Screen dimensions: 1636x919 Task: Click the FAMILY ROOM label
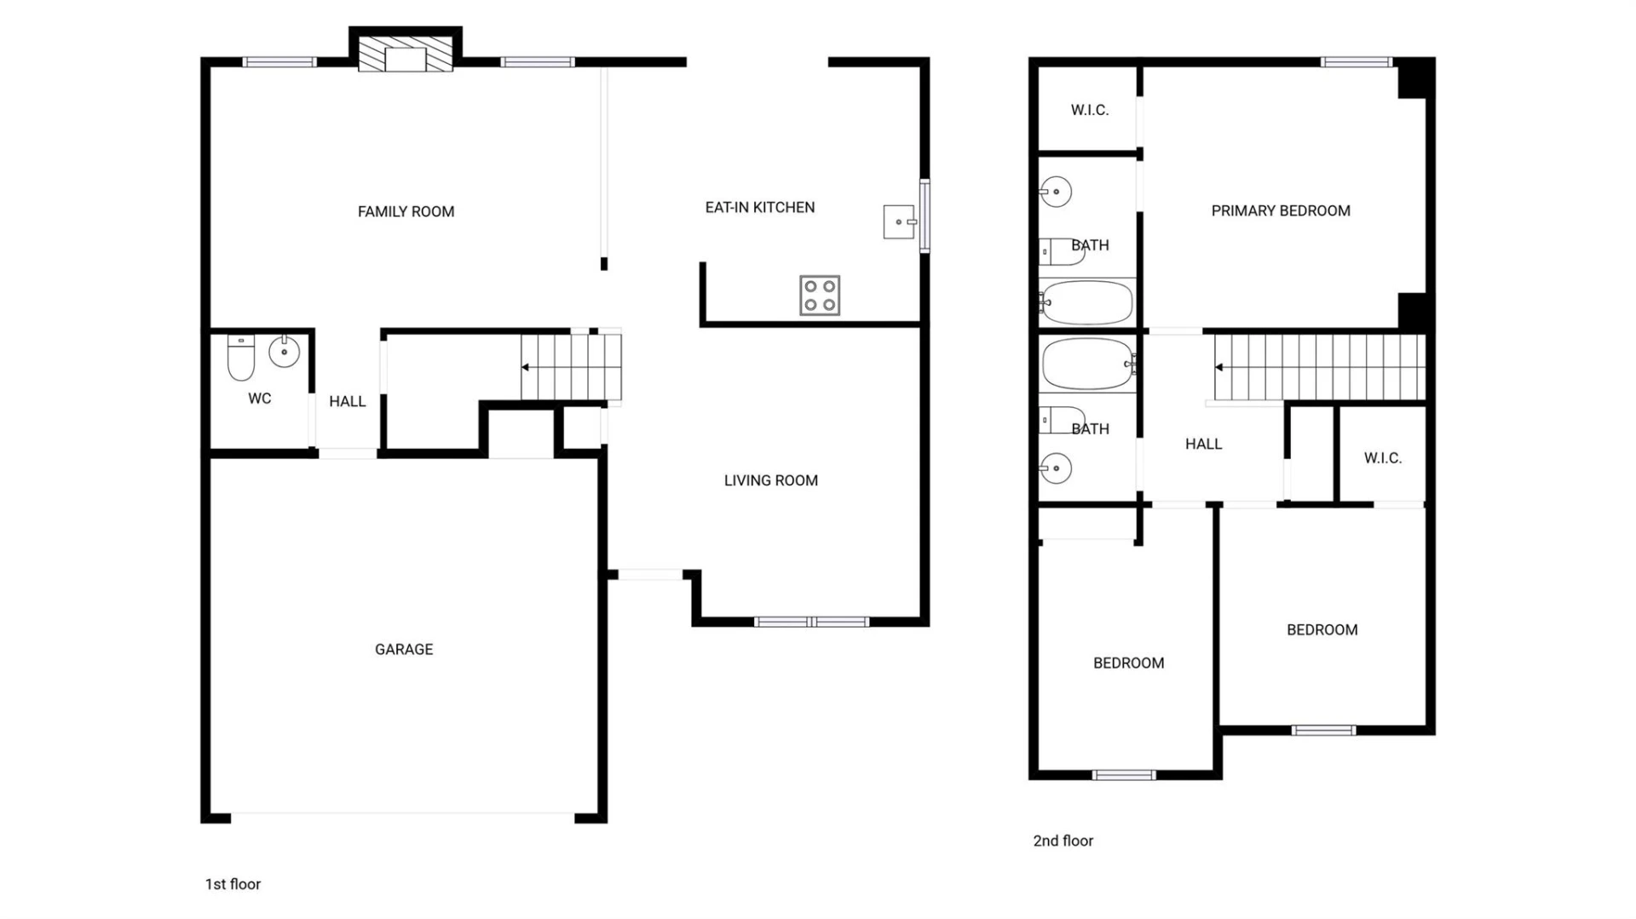406,211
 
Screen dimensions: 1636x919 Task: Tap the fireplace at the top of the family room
406,54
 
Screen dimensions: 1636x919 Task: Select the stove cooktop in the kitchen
820,296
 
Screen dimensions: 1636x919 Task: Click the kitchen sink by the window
899,221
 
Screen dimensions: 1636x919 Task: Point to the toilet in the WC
241,358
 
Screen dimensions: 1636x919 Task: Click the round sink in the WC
284,351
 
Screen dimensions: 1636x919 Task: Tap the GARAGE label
404,649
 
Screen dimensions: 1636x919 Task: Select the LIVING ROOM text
771,480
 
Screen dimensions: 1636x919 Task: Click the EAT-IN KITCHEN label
760,207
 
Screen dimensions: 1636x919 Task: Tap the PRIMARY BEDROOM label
1281,210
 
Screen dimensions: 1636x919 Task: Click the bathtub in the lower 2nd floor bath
1088,364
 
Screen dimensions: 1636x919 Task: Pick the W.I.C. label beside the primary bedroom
1090,110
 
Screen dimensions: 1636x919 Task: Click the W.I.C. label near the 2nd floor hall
1382,458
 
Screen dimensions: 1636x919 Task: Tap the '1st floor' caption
233,884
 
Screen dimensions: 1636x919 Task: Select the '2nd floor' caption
1063,841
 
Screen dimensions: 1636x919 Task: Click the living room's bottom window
811,622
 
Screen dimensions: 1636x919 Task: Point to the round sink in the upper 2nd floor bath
1056,192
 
